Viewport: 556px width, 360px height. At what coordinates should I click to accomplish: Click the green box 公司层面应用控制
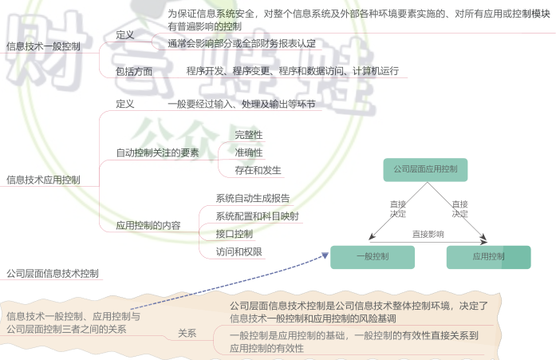tap(425, 170)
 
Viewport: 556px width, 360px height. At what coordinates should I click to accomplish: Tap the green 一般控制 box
tap(373, 257)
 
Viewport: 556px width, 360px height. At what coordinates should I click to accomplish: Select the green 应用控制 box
tap(488, 257)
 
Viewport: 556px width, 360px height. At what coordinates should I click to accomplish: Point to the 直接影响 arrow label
tap(428, 234)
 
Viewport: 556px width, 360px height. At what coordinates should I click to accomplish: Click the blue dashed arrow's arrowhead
tap(325, 255)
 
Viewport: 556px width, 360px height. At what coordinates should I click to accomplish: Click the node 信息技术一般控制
tap(43, 46)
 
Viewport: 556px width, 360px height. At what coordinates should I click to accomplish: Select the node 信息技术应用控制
tap(43, 180)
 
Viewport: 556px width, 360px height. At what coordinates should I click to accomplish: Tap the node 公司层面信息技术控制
tap(53, 274)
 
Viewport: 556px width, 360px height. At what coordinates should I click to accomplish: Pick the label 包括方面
tap(134, 72)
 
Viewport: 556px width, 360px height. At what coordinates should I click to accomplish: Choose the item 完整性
tap(249, 135)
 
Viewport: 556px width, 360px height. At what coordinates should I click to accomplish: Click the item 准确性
tap(249, 153)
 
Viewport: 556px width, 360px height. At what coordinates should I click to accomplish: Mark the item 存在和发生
tap(258, 171)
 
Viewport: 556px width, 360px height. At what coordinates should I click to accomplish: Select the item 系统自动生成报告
tap(253, 198)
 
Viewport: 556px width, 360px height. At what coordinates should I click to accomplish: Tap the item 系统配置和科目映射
tap(258, 216)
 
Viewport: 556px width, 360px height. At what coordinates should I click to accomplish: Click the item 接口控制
tap(235, 234)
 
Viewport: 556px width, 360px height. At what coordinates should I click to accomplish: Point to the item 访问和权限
tap(239, 251)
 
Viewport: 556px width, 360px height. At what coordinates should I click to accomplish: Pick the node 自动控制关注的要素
tap(157, 153)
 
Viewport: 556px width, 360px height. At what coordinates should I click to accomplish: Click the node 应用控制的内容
tap(148, 226)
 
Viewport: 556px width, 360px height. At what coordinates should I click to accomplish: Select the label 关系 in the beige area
tap(187, 334)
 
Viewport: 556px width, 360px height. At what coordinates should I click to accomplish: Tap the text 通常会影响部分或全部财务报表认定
tap(242, 44)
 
